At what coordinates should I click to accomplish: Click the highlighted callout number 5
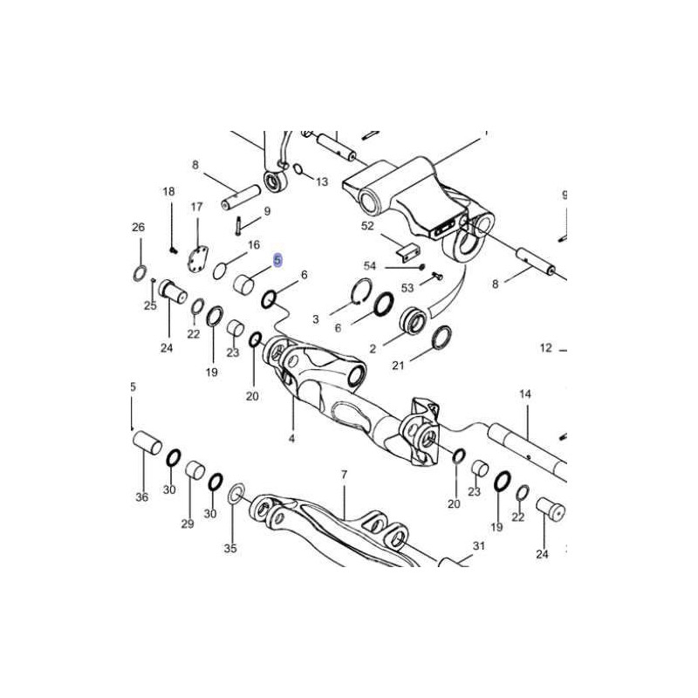click(277, 260)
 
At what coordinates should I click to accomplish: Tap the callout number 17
click(197, 207)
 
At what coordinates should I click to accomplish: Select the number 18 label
click(168, 192)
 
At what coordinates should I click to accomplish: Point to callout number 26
click(139, 227)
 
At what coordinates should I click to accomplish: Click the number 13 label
click(322, 181)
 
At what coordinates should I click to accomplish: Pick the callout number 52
click(367, 226)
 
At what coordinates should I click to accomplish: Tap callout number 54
click(370, 266)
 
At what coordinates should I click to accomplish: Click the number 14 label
click(525, 394)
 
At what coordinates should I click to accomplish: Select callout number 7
click(344, 475)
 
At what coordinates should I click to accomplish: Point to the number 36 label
click(142, 496)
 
